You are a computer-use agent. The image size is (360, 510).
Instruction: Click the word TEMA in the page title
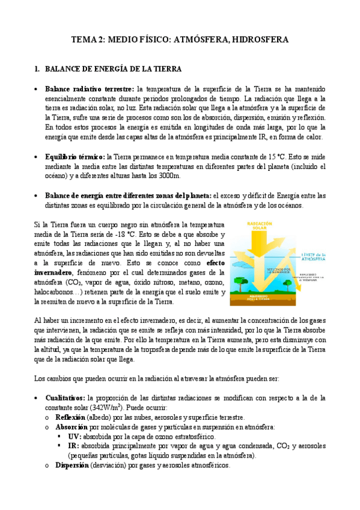82,40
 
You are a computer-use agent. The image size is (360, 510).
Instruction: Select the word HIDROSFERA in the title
260,40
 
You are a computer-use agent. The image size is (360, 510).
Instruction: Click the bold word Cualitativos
64,398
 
